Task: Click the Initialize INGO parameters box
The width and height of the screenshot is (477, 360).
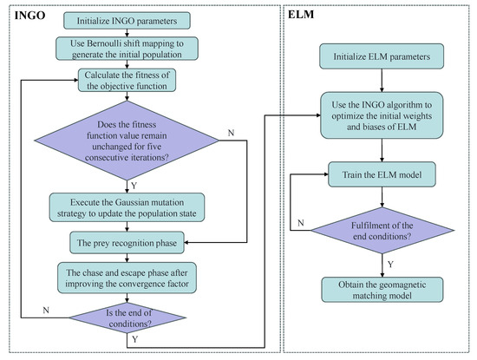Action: coord(127,21)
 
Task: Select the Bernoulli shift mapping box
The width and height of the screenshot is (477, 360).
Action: coord(127,49)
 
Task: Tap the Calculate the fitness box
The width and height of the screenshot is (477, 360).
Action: coord(127,81)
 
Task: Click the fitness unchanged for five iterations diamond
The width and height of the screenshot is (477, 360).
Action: coord(127,141)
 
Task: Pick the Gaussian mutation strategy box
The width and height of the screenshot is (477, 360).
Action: coord(127,207)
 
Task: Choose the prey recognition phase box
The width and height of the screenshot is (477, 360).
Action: coord(127,243)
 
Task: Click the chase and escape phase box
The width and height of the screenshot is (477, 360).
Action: coord(127,278)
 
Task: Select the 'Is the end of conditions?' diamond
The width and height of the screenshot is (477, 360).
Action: coord(127,318)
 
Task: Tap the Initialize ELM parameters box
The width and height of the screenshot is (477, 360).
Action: coord(382,56)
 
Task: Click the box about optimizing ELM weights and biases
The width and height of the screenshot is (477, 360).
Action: coord(382,115)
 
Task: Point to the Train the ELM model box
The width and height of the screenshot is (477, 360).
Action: coord(382,174)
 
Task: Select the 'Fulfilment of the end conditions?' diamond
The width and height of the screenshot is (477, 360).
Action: coord(382,231)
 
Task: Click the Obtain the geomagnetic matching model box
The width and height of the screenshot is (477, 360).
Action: coord(382,290)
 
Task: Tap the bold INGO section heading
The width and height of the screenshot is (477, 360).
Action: coord(29,16)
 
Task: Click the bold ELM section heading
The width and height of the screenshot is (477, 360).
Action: coord(301,14)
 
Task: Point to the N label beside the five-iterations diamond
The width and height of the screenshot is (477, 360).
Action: coord(232,133)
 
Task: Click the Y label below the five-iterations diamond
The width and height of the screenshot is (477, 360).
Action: coord(134,186)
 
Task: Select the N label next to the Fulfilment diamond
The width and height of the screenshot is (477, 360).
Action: coord(301,223)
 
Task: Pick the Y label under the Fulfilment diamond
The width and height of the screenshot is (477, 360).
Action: coord(391,264)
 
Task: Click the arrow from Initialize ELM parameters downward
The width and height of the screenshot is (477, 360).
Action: coord(382,81)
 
